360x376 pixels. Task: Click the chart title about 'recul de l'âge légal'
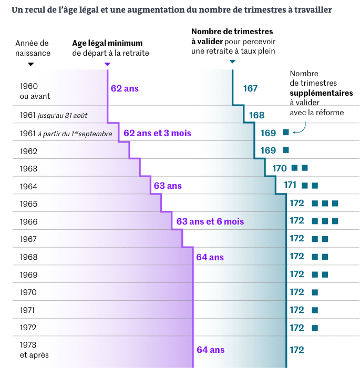click(171, 10)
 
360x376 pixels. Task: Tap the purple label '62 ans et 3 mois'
click(157, 134)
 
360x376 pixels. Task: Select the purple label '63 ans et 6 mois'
click(210, 221)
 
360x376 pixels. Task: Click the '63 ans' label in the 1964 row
click(168, 186)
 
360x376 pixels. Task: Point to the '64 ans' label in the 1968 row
click(210, 257)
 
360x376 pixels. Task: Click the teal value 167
click(250, 88)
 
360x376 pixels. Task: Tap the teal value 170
click(280, 168)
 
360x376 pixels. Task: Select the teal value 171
click(291, 185)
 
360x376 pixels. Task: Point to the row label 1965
click(28, 204)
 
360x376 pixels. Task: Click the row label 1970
click(28, 292)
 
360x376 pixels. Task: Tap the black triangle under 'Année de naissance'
click(31, 64)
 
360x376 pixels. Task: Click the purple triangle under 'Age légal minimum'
click(108, 64)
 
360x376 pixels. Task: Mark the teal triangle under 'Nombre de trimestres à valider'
click(232, 62)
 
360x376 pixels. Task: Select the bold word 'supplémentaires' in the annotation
click(321, 93)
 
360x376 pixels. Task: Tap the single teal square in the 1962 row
click(286, 150)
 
